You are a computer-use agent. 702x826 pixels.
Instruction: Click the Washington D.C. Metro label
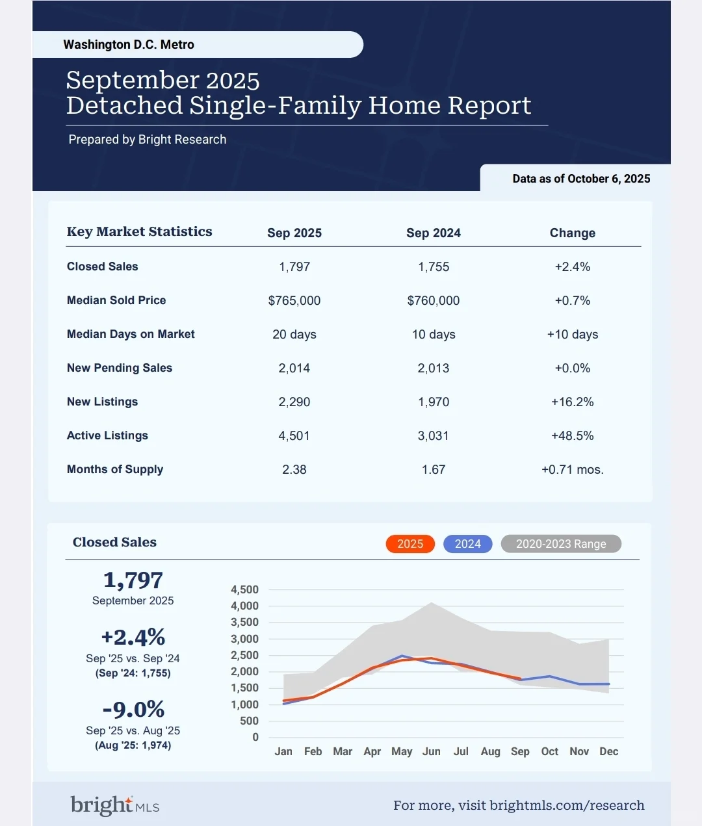pos(129,45)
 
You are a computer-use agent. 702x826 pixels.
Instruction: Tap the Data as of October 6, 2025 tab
pos(581,179)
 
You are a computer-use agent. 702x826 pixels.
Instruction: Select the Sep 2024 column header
pos(434,233)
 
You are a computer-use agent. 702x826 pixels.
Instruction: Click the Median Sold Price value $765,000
pos(294,301)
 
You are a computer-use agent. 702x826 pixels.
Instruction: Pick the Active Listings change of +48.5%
pos(572,435)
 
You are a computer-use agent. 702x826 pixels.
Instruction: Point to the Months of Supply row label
pos(115,469)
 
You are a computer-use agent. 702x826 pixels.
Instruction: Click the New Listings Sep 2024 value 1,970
pos(434,402)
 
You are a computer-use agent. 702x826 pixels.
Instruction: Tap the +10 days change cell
pos(572,335)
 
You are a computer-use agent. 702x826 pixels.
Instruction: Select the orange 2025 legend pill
pos(410,544)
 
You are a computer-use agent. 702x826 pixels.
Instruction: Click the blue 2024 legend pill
pos(467,544)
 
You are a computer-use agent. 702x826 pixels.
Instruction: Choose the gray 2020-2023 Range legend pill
pos(561,544)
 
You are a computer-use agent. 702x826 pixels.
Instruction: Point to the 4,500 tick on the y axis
pos(245,590)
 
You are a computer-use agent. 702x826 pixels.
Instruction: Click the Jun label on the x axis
pos(432,751)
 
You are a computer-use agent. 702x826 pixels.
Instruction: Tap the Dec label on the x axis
pos(608,751)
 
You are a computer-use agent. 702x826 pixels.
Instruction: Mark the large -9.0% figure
pos(133,709)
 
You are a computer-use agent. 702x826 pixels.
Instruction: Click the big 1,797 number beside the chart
pos(133,580)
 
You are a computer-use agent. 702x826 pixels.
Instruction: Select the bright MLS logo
pos(115,805)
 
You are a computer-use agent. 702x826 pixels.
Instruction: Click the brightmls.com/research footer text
pos(567,805)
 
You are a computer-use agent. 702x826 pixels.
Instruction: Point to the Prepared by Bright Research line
pos(148,140)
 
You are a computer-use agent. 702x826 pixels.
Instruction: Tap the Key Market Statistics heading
pos(140,232)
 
